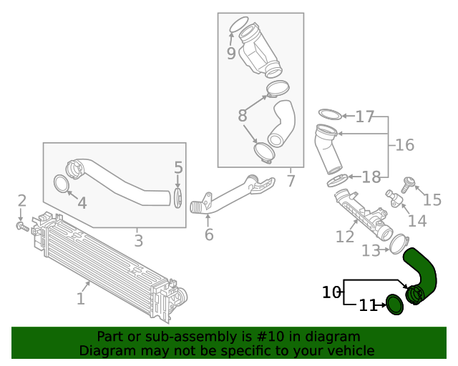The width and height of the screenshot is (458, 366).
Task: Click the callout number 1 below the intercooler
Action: (x=80, y=298)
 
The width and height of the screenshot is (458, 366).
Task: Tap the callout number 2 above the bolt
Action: (x=22, y=201)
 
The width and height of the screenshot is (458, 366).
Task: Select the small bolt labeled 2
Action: (x=22, y=227)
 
